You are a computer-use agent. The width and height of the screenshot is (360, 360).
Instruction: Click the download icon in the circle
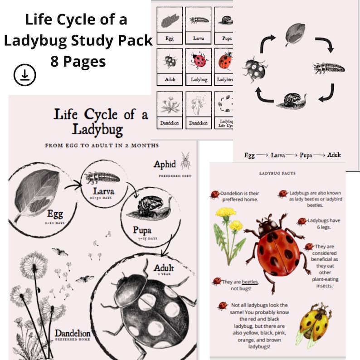click(25, 75)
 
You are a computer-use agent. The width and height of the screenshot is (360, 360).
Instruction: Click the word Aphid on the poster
click(165, 164)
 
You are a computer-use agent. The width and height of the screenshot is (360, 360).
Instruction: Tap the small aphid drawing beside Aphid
click(185, 161)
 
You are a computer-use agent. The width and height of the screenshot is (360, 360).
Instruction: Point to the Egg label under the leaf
click(53, 214)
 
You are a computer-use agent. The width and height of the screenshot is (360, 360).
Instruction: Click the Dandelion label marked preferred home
click(73, 334)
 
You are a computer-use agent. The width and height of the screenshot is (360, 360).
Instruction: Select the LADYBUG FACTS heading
click(277, 173)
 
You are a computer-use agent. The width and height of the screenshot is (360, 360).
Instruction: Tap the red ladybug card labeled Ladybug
click(198, 68)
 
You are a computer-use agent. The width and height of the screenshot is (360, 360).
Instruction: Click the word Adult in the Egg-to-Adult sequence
click(334, 155)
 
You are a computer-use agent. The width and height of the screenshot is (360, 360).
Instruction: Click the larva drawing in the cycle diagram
click(329, 68)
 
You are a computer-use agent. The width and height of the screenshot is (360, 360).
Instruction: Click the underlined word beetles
click(249, 282)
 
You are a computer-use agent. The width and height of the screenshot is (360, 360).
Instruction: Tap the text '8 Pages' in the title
click(78, 61)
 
